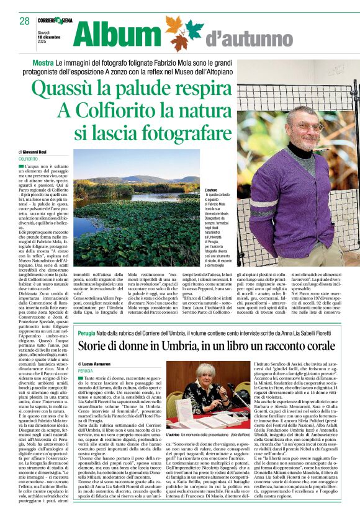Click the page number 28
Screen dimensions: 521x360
(24, 21)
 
